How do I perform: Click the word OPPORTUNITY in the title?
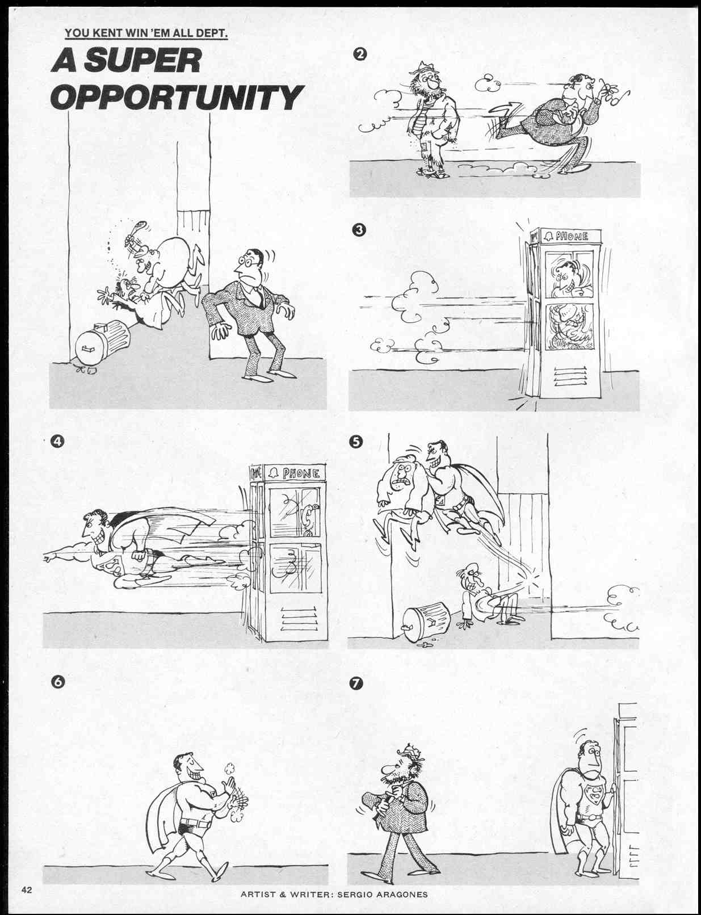tap(177, 97)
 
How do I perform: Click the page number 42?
tap(27, 889)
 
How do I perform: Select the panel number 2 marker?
tap(360, 54)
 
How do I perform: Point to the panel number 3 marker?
tap(360, 230)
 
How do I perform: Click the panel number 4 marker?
tap(57, 440)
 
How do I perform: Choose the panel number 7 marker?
tap(356, 683)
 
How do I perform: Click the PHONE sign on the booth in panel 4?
tap(299, 473)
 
